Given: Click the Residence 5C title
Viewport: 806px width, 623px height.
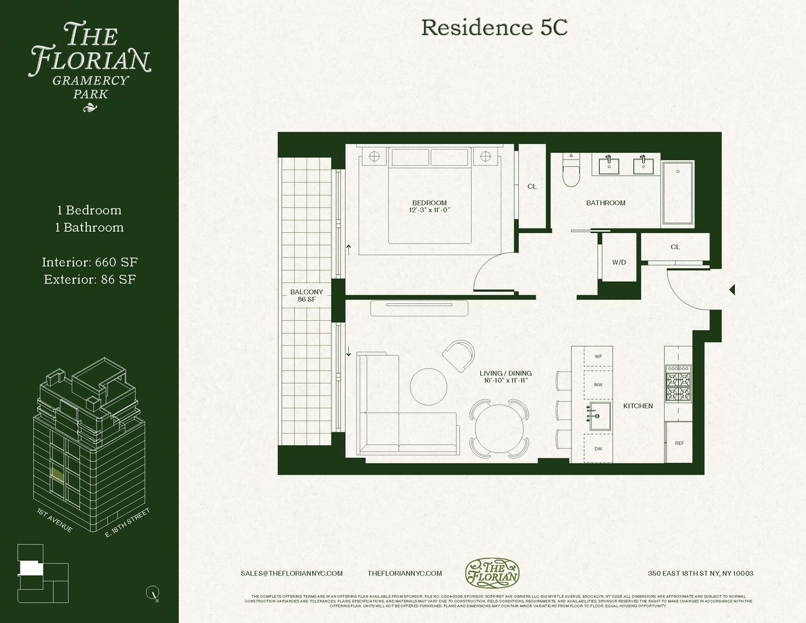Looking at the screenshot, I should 494,28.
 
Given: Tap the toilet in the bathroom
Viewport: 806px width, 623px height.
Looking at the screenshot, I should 571,172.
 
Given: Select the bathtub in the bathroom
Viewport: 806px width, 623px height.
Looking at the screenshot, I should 677,193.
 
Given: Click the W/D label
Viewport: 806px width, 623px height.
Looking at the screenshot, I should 619,262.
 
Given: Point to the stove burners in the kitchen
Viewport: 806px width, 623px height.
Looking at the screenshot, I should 678,384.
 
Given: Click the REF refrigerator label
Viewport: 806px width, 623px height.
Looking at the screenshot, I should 679,443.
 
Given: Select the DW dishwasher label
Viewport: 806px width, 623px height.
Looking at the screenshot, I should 598,449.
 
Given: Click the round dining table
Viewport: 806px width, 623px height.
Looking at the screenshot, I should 500,429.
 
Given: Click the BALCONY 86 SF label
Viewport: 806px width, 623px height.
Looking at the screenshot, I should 306,295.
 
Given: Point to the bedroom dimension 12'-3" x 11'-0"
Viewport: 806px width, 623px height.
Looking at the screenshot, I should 429,211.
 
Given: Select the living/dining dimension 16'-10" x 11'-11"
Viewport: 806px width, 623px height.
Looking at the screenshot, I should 505,381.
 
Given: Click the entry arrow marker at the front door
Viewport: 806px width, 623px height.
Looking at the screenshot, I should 732,290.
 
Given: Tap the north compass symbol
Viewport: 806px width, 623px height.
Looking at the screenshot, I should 152,592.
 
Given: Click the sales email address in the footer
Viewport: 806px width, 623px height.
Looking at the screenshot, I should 292,573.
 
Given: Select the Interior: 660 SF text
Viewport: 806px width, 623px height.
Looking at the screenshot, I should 90,262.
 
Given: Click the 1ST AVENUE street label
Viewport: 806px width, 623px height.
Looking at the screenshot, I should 55,520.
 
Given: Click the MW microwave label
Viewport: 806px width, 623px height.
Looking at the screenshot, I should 598,385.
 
